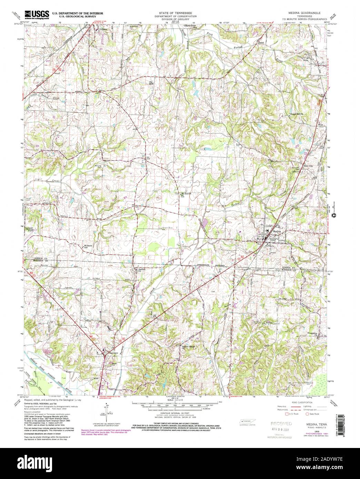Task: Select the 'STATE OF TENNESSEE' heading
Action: [176, 12]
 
